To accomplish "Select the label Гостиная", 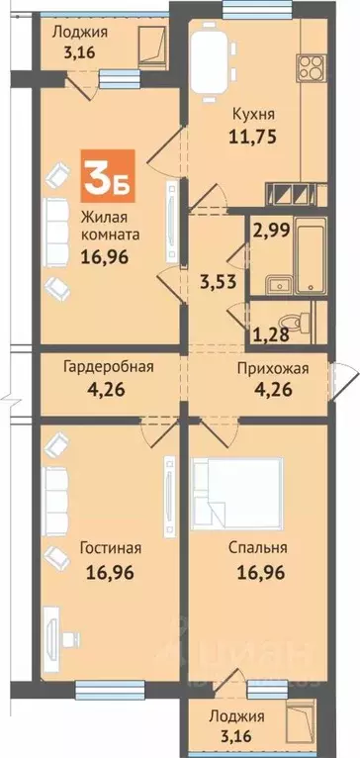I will pos(109,548).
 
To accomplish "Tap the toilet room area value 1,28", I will pos(265,332).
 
